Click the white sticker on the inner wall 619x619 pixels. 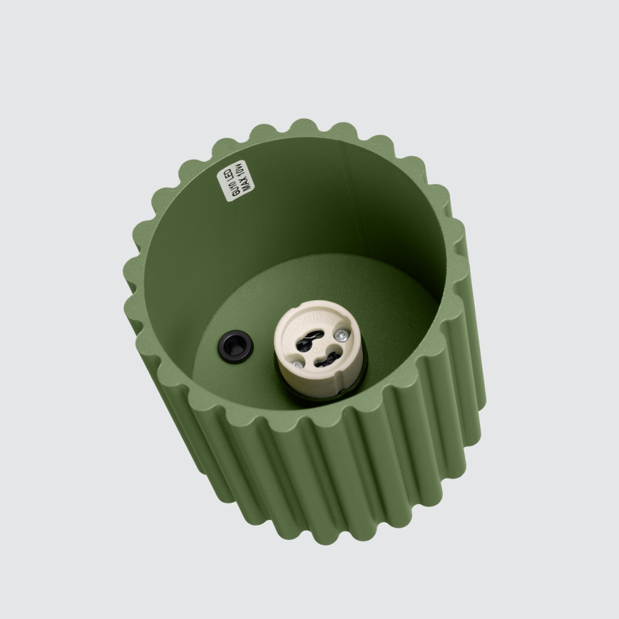235,180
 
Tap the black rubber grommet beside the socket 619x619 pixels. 235,347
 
